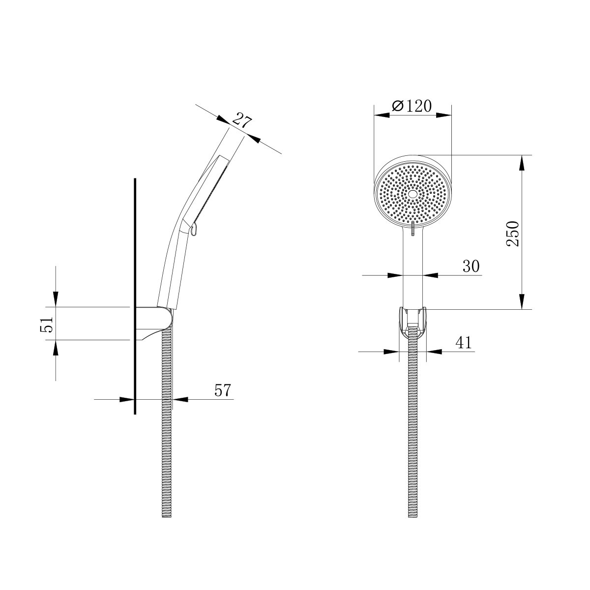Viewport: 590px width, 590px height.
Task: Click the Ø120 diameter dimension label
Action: click(x=412, y=106)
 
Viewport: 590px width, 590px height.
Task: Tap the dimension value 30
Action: click(x=471, y=266)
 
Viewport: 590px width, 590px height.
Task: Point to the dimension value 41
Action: click(x=464, y=343)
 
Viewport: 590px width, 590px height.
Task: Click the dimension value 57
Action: click(x=223, y=390)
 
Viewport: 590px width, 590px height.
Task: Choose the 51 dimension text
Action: click(x=47, y=324)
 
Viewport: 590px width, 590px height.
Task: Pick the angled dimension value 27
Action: click(x=241, y=120)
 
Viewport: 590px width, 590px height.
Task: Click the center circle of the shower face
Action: click(x=413, y=194)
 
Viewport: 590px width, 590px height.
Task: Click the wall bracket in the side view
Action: click(x=154, y=323)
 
